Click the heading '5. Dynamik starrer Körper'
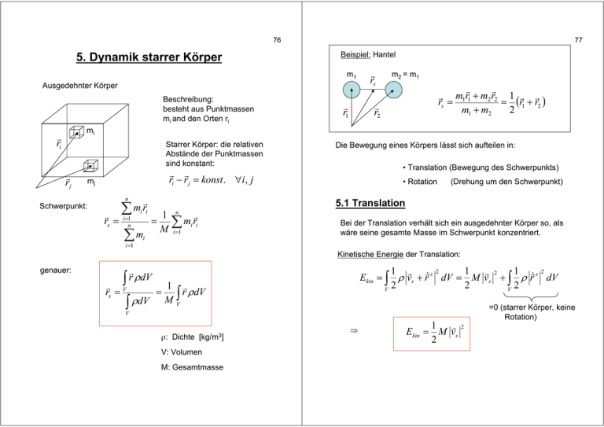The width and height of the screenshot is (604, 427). click(x=148, y=57)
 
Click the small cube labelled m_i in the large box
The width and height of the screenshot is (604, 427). click(x=76, y=134)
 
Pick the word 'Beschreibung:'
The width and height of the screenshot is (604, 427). click(x=188, y=100)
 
